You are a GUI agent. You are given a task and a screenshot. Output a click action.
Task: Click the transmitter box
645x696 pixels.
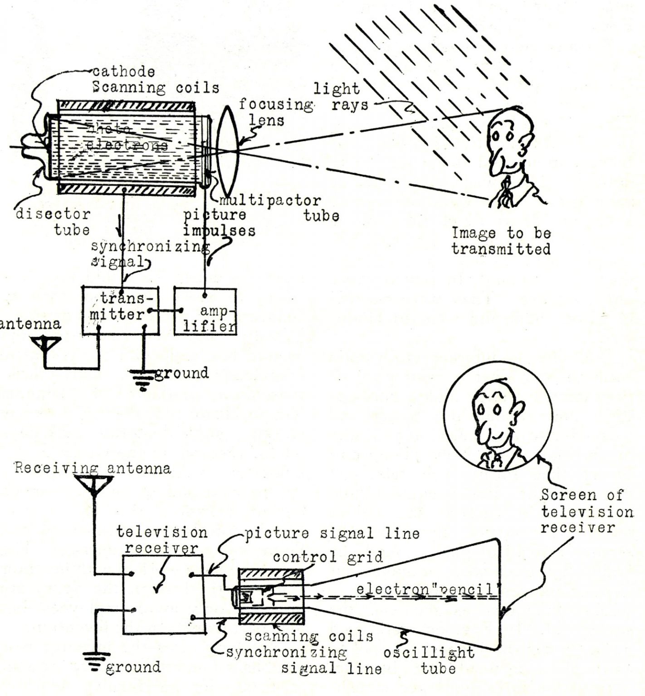click(121, 311)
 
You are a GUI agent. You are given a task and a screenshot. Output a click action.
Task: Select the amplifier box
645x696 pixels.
click(205, 312)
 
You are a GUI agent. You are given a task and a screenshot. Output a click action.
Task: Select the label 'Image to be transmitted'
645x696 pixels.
click(501, 241)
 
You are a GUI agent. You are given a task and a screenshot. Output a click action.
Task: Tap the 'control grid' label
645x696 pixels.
click(327, 556)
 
